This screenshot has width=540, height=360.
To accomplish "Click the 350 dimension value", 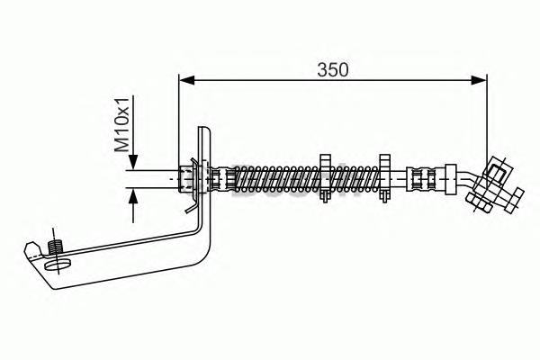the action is [x=333, y=69].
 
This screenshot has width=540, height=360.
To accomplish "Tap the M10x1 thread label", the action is [x=121, y=124].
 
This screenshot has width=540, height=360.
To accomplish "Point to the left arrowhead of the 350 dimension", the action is [x=187, y=80].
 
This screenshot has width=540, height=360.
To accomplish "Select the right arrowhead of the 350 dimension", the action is [x=479, y=80].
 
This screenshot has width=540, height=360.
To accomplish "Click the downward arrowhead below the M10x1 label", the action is [x=133, y=162].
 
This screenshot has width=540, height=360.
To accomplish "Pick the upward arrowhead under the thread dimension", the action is [x=133, y=196].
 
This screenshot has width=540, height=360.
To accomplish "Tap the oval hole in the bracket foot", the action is [x=58, y=265].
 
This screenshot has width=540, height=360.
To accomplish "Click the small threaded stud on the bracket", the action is [x=54, y=247].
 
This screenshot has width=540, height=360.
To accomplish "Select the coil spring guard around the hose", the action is [x=307, y=179].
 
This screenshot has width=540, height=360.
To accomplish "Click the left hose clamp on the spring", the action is [x=325, y=178].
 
